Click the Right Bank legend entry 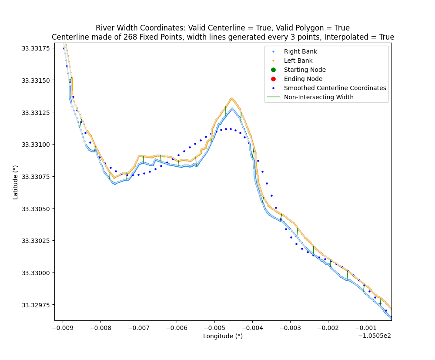click(300, 51)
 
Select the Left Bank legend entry click(298, 61)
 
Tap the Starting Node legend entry click(304, 70)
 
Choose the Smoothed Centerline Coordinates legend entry click(335, 88)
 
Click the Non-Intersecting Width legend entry click(319, 97)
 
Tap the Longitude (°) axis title click(223, 336)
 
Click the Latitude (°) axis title click(16, 182)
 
